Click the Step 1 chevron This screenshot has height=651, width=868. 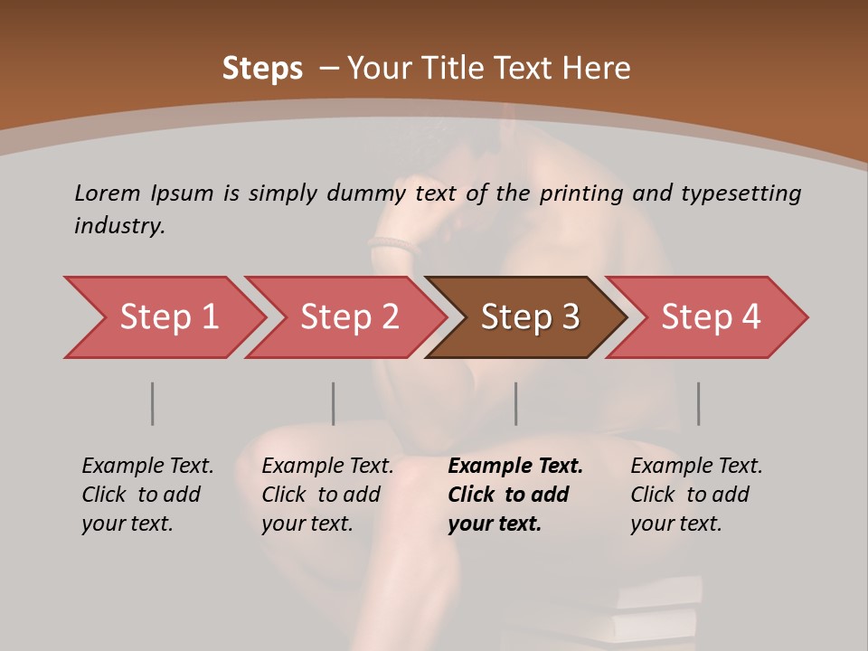coord(168,317)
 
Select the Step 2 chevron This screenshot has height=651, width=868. coord(349,317)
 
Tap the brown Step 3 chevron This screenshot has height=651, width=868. coord(530,317)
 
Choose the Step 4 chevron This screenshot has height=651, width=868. coord(711,317)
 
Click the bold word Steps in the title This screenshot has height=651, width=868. coord(262,69)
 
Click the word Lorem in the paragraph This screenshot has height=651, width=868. coord(107,193)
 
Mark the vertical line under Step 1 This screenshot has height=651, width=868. coord(152,403)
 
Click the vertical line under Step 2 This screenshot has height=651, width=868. coord(333,403)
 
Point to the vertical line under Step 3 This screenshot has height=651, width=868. coord(515,403)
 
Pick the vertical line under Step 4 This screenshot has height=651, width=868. coord(698,403)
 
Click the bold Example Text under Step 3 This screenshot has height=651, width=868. coord(515,467)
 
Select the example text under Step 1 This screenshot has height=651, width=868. coord(147,494)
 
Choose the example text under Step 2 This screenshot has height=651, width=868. coord(327,494)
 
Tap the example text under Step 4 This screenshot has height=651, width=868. coord(696,494)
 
